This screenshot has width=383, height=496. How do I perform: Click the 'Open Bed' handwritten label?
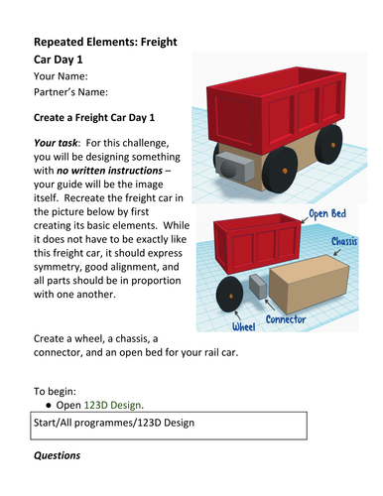327,214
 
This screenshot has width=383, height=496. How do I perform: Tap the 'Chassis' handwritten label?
344,241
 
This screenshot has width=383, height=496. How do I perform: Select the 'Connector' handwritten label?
286,319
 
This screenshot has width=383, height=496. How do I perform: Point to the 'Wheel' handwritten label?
244,326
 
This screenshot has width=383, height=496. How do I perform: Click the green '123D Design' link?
113,405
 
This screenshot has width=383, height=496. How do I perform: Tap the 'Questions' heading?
57,455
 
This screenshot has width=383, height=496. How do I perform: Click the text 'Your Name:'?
61,76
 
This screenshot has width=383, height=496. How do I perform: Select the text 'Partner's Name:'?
70,92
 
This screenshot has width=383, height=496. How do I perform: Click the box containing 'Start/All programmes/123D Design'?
169,426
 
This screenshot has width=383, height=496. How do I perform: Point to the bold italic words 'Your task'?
56,143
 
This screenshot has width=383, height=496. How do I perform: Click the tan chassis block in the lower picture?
310,284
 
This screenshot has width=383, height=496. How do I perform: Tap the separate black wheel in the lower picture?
229,295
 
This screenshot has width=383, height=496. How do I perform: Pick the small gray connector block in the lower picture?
258,287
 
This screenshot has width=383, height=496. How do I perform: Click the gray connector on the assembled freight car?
234,167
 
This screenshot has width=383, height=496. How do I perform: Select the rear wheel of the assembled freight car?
328,144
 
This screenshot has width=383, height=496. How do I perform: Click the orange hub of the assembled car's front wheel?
285,171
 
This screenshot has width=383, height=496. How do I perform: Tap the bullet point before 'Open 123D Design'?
49,405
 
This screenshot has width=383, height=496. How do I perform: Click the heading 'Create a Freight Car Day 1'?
94,117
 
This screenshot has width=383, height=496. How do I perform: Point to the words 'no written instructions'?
109,171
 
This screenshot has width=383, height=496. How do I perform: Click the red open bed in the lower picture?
257,243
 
